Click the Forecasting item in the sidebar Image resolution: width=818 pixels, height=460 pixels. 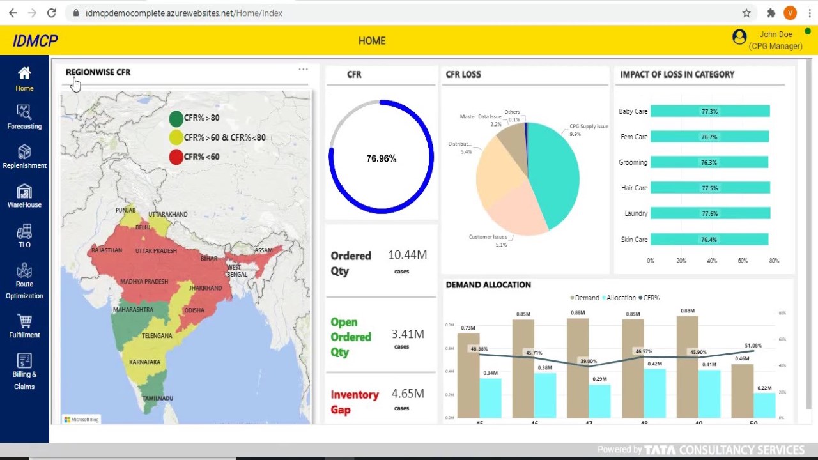(x=24, y=117)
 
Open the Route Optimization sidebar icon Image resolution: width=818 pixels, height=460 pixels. (x=24, y=281)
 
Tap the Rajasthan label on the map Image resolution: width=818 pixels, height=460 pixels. (x=106, y=250)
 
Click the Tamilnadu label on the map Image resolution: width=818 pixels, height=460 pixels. (x=157, y=399)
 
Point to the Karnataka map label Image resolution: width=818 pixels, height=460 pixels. (x=144, y=362)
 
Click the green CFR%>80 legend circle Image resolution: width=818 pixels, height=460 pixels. (x=176, y=118)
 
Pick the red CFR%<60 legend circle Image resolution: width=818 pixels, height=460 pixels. (x=176, y=157)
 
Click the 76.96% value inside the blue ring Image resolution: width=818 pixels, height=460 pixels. (x=381, y=158)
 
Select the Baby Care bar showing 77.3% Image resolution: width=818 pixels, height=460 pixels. (x=709, y=111)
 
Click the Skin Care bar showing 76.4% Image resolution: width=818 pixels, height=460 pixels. (x=709, y=240)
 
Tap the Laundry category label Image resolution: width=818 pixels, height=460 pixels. (x=636, y=213)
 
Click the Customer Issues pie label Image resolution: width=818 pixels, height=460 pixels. (x=488, y=237)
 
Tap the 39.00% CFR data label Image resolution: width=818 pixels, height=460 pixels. (x=588, y=361)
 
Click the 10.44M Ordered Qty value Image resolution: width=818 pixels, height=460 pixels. (x=407, y=255)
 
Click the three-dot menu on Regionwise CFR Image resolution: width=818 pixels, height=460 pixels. (x=303, y=70)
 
